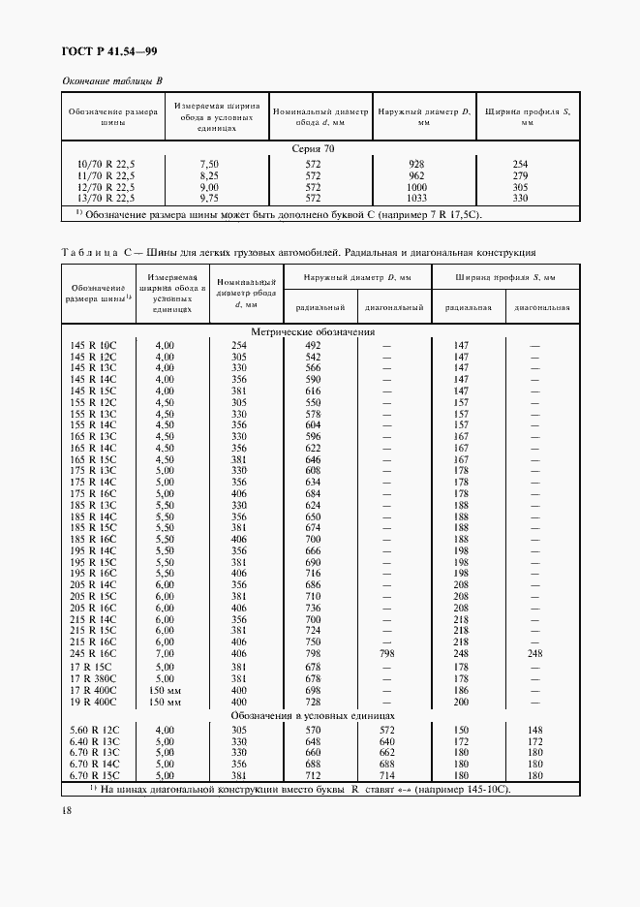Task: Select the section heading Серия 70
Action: (x=320, y=149)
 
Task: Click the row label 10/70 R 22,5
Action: (x=106, y=165)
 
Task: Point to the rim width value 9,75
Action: (x=209, y=197)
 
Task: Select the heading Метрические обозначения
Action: (x=313, y=331)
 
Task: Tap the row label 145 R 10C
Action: (x=93, y=345)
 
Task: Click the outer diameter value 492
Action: (x=313, y=345)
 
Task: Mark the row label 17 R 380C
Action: (x=93, y=678)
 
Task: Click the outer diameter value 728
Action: (x=313, y=701)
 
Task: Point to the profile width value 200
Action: (x=461, y=701)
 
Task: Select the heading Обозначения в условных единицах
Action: (x=313, y=715)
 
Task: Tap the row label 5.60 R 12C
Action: (x=93, y=729)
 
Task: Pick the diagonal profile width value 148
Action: (x=534, y=729)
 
